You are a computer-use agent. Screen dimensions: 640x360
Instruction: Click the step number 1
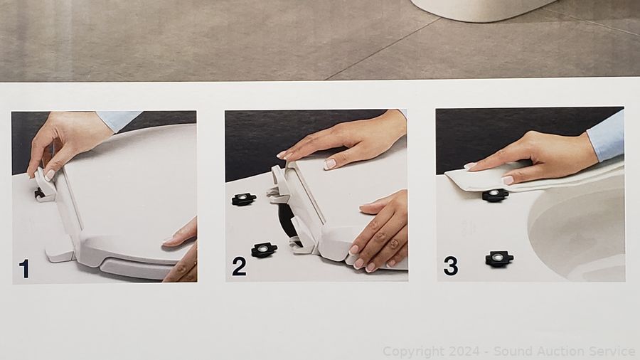[x=24, y=269]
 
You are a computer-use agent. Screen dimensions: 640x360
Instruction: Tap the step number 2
[x=239, y=266]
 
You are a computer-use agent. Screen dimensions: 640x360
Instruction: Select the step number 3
[x=451, y=266]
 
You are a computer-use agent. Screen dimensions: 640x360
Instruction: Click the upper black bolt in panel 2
[x=244, y=199]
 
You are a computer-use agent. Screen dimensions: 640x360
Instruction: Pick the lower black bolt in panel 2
[x=264, y=250]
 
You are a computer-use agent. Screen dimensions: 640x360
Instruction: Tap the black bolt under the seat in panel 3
[x=495, y=195]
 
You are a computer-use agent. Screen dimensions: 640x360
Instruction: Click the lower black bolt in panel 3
[x=499, y=259]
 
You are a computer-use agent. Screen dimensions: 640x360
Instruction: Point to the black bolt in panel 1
[x=40, y=194]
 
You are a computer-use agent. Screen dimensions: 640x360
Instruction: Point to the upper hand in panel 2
[x=347, y=142]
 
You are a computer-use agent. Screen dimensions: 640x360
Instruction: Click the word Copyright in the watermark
[x=413, y=351]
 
